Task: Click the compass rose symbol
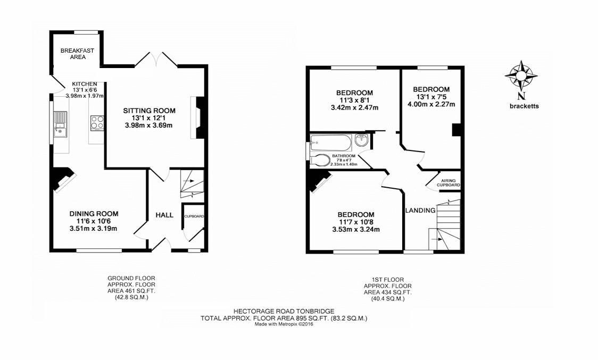(x=521, y=76)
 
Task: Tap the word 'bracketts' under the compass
(x=524, y=106)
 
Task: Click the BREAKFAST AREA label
(x=78, y=54)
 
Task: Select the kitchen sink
(x=60, y=124)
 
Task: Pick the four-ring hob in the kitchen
(x=97, y=123)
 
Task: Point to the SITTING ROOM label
(x=149, y=111)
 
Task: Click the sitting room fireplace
(x=198, y=118)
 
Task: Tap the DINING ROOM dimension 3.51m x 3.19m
(x=94, y=229)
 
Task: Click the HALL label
(x=164, y=215)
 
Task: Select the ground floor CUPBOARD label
(x=194, y=216)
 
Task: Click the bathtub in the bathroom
(x=330, y=143)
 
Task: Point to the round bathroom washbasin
(x=361, y=140)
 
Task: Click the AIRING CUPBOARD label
(x=448, y=183)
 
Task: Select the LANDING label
(x=420, y=210)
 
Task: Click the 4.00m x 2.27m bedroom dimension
(x=431, y=104)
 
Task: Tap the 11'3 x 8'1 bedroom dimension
(x=354, y=101)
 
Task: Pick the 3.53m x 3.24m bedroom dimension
(x=355, y=230)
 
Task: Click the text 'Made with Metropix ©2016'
(x=284, y=324)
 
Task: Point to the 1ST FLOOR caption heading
(x=387, y=280)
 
